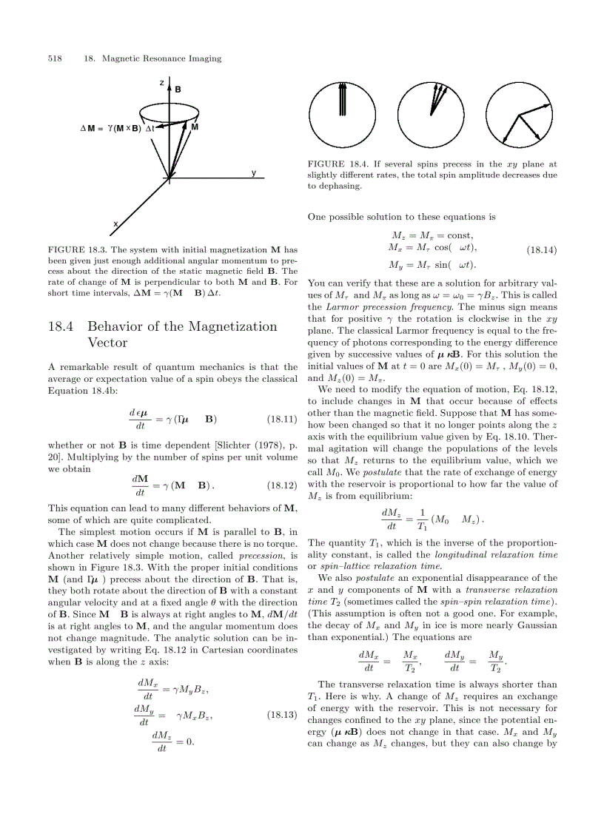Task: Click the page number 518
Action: [54, 58]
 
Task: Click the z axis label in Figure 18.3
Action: [161, 82]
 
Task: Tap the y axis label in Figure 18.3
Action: [253, 172]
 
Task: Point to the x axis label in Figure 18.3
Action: [115, 223]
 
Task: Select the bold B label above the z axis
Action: [178, 90]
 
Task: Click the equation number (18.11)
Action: [281, 420]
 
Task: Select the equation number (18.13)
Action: [281, 716]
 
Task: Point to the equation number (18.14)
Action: [542, 251]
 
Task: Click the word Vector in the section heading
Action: [107, 343]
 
